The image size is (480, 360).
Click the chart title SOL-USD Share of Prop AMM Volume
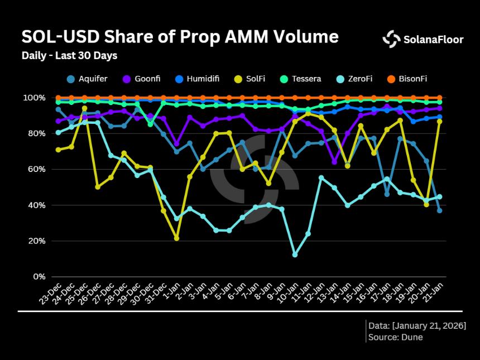(x=180, y=37)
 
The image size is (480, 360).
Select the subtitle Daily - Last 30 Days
(x=69, y=56)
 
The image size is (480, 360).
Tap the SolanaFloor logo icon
(x=391, y=38)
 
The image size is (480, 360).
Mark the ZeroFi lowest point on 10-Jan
(x=295, y=255)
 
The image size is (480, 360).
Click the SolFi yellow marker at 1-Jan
(x=176, y=238)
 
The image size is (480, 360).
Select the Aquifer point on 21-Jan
(x=439, y=210)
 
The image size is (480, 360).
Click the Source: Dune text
(x=396, y=337)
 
